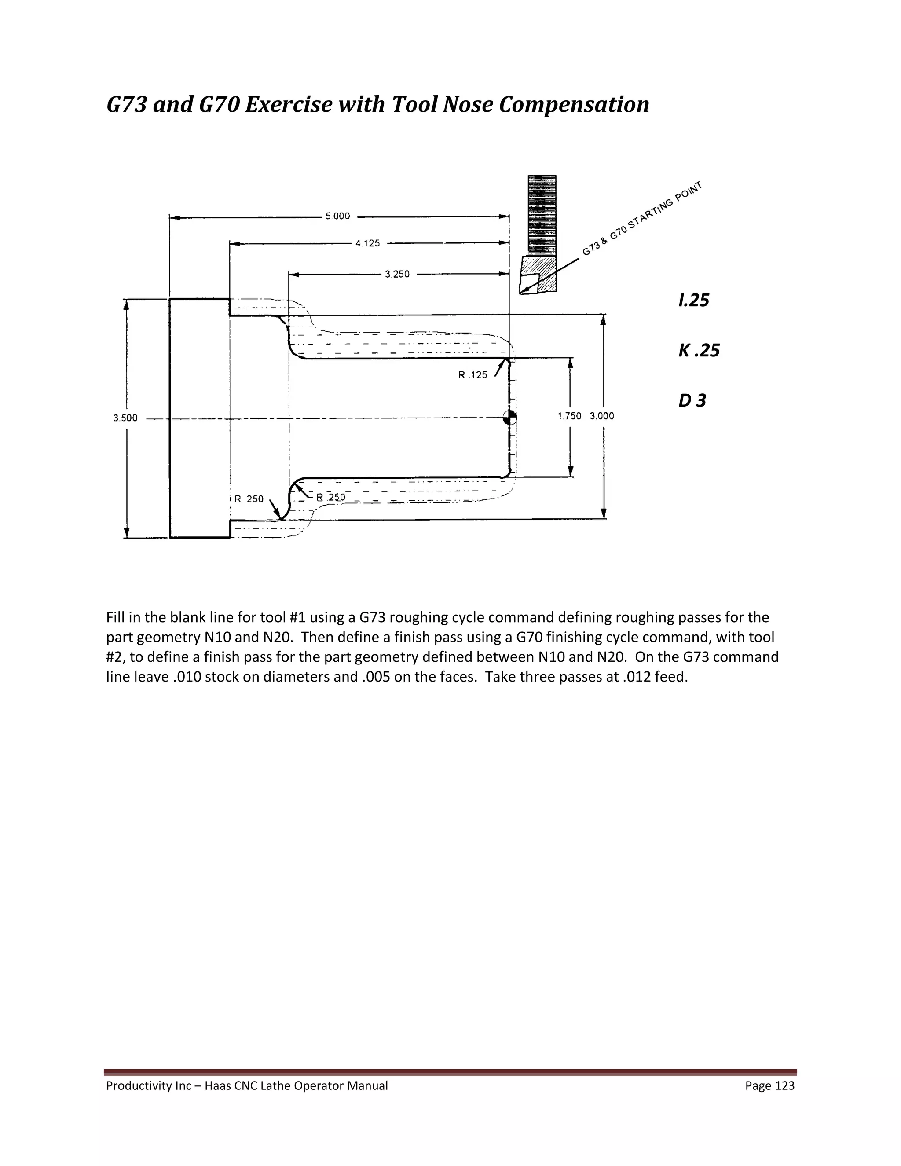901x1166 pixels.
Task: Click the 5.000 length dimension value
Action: tap(338, 216)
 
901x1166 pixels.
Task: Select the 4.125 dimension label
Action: tap(368, 243)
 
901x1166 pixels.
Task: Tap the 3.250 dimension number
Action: tap(397, 275)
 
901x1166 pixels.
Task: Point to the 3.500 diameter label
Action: tap(125, 418)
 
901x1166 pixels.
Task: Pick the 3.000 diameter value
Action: tap(601, 416)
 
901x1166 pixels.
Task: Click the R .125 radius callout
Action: tap(472, 375)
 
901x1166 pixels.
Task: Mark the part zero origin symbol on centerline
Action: tap(510, 418)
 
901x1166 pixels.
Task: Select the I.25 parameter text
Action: tap(693, 301)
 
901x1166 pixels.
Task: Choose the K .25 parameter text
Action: tap(699, 351)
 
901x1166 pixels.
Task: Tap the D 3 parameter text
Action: tap(692, 400)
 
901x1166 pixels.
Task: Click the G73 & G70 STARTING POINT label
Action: tap(641, 219)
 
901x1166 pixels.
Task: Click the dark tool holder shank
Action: tap(542, 213)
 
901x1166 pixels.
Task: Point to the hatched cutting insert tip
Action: tap(538, 275)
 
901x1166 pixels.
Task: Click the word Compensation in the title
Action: tap(574, 104)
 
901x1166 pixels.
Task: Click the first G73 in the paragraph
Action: tap(372, 618)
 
